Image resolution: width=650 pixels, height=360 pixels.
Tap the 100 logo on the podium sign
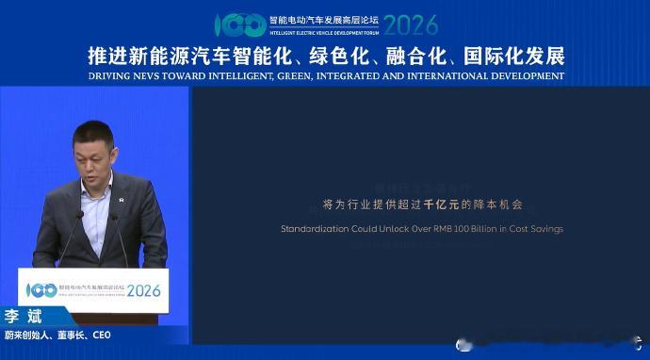[x=41, y=289]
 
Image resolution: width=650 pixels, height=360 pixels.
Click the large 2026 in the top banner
[x=411, y=24]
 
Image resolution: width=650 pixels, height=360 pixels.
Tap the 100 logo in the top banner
[x=239, y=25]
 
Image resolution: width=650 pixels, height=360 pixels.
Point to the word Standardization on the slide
[x=319, y=229]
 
